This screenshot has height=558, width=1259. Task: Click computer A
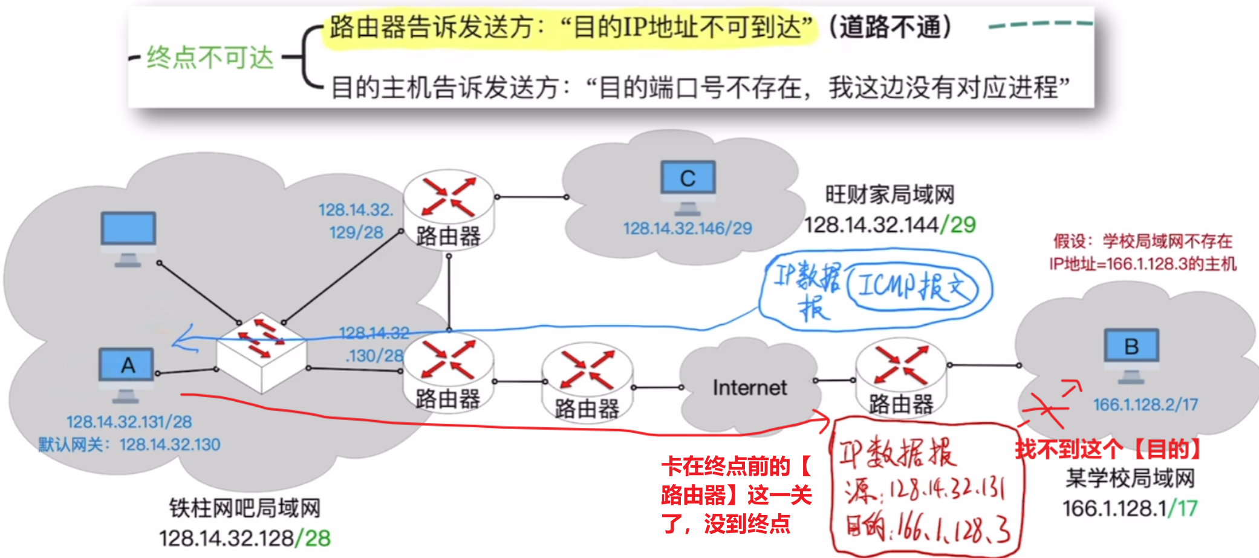[127, 369]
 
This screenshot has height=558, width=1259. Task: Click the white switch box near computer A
[262, 351]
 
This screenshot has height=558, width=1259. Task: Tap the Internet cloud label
[750, 387]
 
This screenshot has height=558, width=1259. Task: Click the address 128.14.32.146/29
[688, 228]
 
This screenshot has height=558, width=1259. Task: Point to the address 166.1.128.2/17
[1145, 404]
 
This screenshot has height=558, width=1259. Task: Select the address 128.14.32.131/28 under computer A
[129, 421]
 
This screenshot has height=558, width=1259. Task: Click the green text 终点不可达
[210, 58]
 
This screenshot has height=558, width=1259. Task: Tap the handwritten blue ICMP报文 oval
[913, 286]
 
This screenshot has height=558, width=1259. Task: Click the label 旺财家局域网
[890, 195]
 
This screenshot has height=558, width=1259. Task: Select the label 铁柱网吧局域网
[245, 508]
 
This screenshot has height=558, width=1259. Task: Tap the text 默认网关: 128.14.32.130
[129, 445]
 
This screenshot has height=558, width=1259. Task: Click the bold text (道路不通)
[890, 27]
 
